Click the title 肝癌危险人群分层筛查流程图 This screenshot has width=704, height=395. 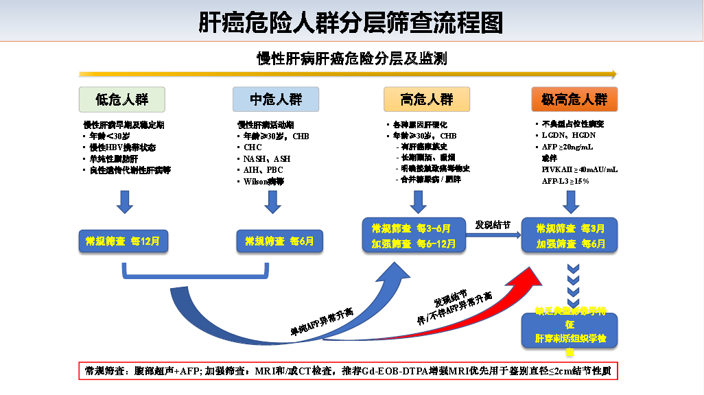point(351,23)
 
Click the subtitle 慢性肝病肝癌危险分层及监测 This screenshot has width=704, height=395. point(351,58)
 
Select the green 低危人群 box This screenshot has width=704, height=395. point(121,99)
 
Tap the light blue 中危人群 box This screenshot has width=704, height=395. point(275,99)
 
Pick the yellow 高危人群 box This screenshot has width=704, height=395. point(427,99)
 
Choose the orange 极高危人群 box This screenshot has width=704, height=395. point(574,99)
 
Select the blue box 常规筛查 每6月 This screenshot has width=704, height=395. point(279,241)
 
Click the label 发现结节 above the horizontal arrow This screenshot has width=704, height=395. point(493,225)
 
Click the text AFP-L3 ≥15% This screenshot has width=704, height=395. point(566,181)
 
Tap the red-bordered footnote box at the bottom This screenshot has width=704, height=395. point(349,371)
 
